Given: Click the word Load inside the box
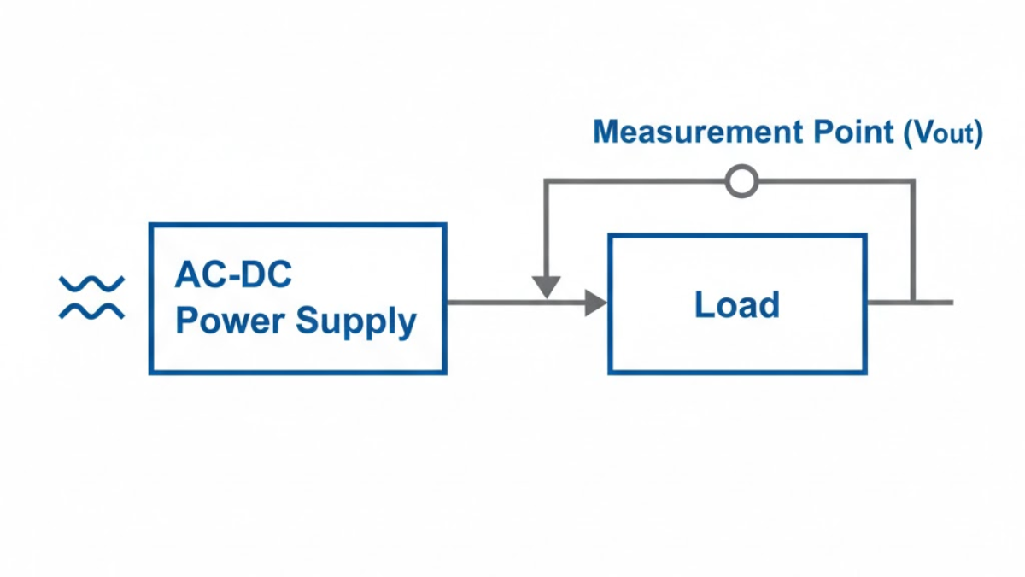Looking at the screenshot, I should pos(736,305).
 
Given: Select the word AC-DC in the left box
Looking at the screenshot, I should pos(233,275).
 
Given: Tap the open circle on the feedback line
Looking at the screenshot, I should pos(741,181).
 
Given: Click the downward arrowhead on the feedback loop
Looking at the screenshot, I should pos(546,287).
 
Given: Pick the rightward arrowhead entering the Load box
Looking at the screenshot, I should pos(595,303).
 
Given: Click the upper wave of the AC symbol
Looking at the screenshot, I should pos(91,283).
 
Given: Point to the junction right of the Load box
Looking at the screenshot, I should pos(912,303).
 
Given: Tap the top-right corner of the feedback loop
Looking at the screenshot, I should pos(912,182).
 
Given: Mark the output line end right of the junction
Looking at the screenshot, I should pos(950,303).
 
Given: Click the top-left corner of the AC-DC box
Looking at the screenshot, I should pos(151,226).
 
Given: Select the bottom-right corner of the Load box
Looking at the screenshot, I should pos(865,372).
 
